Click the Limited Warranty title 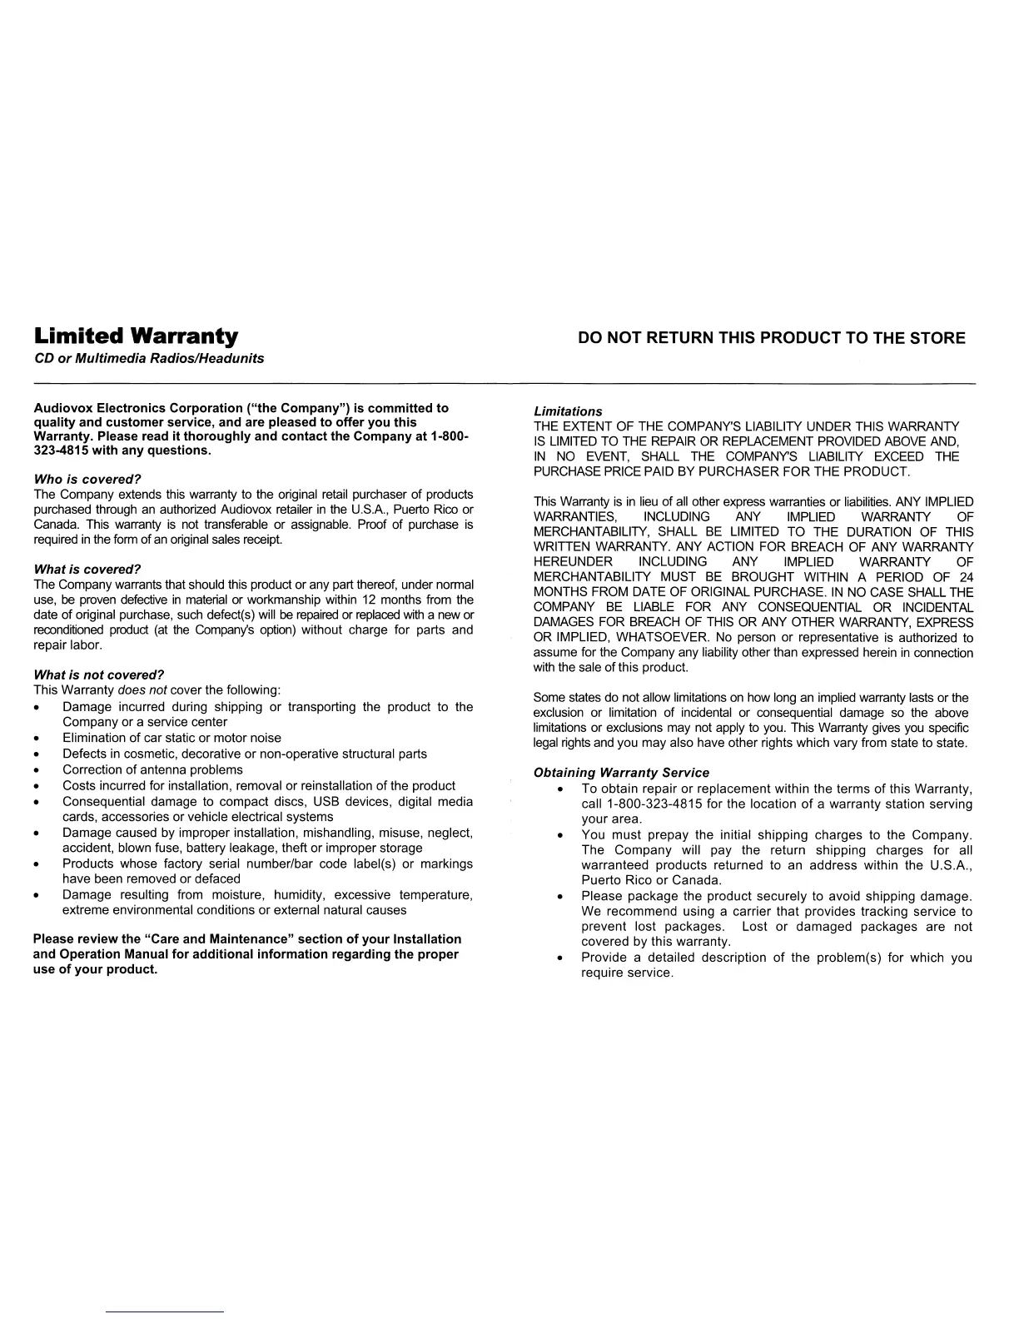point(136,336)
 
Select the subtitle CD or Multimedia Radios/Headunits point(148,358)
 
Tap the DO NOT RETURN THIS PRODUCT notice point(772,338)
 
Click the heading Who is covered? point(87,480)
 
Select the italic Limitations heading point(567,411)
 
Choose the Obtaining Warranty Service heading point(621,773)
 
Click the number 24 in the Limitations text point(965,577)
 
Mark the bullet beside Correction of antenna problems point(37,770)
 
